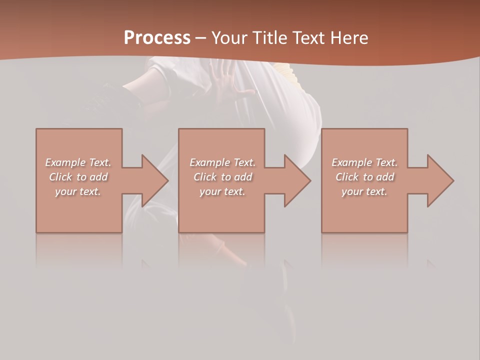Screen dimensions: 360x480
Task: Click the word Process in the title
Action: click(157, 38)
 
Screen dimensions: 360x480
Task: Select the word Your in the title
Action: click(231, 38)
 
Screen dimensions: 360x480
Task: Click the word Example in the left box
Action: click(65, 162)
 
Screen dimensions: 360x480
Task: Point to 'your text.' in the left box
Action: click(78, 191)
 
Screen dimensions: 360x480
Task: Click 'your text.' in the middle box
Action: click(222, 191)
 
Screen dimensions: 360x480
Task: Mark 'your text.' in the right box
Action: click(364, 191)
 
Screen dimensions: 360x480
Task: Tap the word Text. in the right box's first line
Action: click(386, 162)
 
